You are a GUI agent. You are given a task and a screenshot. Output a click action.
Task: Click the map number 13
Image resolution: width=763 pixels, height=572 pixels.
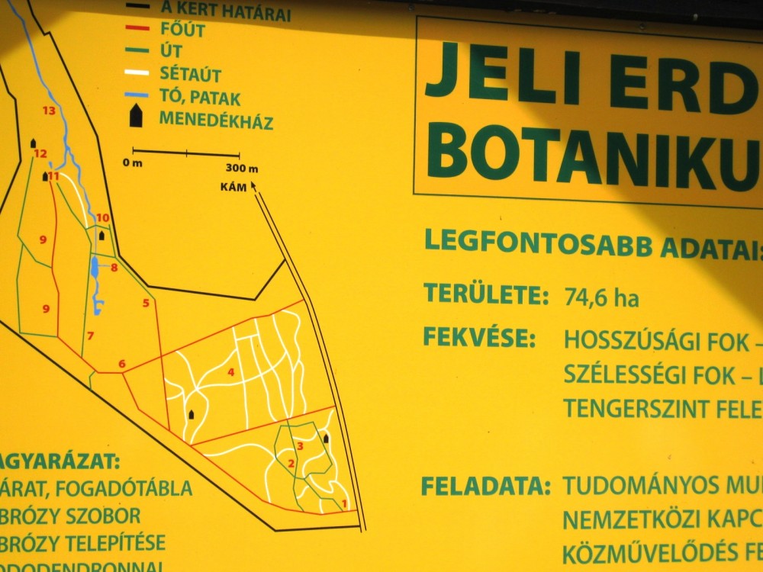[50, 111]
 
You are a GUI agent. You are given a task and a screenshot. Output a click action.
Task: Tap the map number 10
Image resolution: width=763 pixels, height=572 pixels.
[103, 218]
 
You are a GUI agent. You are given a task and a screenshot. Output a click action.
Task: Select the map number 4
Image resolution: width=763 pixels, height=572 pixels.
[230, 372]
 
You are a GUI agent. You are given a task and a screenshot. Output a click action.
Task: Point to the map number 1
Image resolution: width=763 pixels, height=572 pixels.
[344, 503]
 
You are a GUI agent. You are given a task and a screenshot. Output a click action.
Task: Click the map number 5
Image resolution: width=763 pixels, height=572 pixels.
[145, 303]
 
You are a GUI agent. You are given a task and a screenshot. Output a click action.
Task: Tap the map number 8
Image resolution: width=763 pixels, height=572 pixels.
[114, 268]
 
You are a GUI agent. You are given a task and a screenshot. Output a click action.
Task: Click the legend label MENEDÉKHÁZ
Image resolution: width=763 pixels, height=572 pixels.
[216, 121]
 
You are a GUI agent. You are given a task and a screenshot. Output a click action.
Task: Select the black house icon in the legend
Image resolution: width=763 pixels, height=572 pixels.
[137, 116]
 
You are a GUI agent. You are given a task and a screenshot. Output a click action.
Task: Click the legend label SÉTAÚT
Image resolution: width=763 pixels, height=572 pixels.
[191, 75]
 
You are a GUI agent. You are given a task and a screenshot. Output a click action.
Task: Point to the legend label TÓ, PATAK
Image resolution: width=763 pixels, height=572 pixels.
[200, 98]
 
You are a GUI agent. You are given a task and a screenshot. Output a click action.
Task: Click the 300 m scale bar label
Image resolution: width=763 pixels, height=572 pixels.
[242, 169]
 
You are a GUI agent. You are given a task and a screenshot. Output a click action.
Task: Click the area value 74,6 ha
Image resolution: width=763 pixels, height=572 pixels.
[602, 297]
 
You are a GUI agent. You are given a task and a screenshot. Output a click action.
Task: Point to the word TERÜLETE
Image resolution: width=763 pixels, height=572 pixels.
[486, 294]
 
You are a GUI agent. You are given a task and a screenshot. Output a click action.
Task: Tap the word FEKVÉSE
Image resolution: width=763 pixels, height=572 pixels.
[480, 336]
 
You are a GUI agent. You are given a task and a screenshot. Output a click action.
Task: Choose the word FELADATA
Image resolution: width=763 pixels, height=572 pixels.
[486, 485]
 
